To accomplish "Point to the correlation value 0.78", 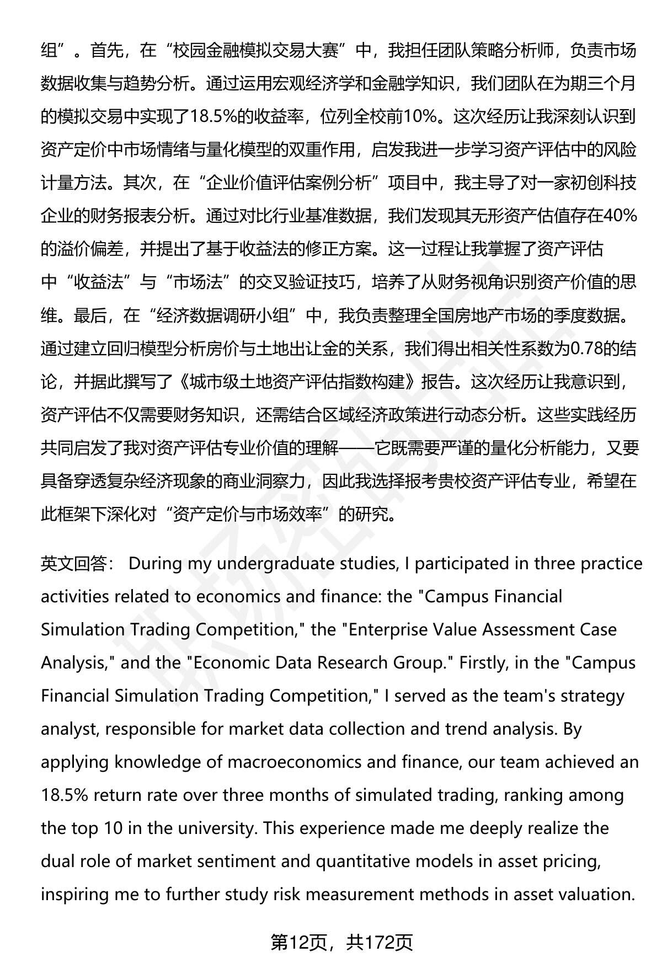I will point(590,348).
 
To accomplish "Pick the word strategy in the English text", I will point(592,696).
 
